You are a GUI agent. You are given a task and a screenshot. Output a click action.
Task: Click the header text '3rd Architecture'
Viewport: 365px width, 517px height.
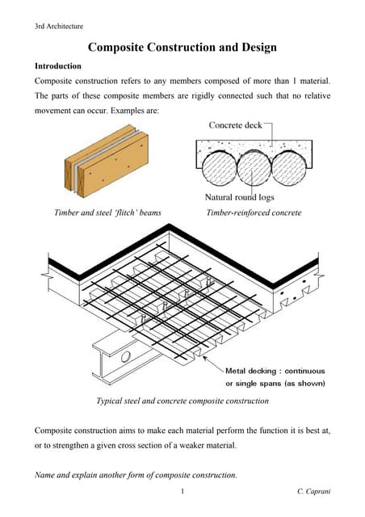pyautogui.click(x=58, y=27)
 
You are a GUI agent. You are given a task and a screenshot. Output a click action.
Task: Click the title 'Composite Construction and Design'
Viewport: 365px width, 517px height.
pyautogui.click(x=182, y=48)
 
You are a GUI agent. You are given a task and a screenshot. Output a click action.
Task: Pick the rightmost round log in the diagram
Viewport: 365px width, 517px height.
pyautogui.click(x=289, y=170)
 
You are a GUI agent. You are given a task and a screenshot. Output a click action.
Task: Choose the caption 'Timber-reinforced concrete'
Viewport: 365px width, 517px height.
pyautogui.click(x=254, y=213)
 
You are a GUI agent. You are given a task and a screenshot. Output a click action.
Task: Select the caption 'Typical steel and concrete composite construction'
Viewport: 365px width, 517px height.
pyautogui.click(x=182, y=401)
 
